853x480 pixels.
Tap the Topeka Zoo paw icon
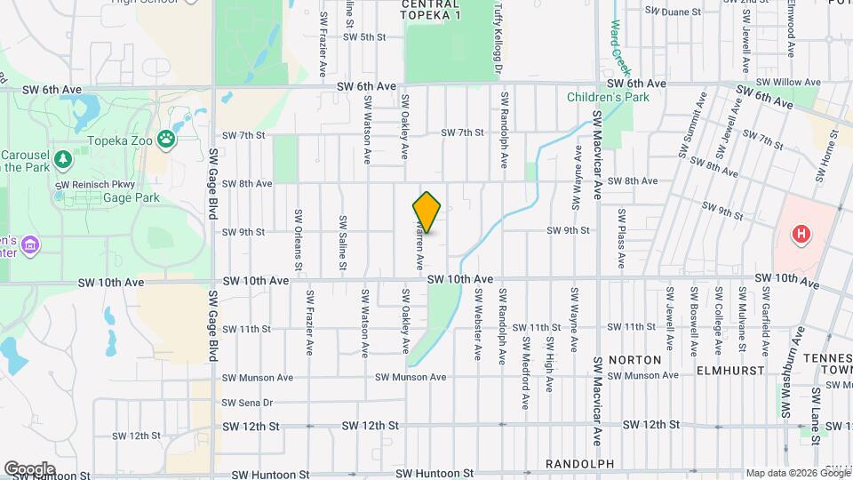pyautogui.click(x=166, y=138)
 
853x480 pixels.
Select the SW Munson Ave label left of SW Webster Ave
pyautogui.click(x=410, y=377)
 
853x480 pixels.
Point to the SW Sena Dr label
pyautogui.click(x=247, y=403)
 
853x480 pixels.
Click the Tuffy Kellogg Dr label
pyautogui.click(x=498, y=31)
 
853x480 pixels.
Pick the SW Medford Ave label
pyautogui.click(x=526, y=378)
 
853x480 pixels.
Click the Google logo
pyautogui.click(x=29, y=469)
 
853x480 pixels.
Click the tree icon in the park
pyautogui.click(x=62, y=159)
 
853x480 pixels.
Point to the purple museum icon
pyautogui.click(x=31, y=244)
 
